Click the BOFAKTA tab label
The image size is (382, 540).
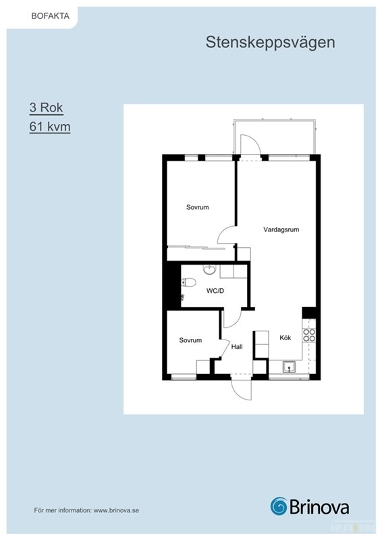click(51, 16)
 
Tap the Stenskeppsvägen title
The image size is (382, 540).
click(271, 43)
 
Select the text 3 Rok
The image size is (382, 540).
click(46, 107)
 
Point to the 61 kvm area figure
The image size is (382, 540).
click(50, 126)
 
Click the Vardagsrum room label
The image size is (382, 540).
click(281, 230)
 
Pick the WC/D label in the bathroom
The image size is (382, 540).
click(215, 291)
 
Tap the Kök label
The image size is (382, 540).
click(285, 338)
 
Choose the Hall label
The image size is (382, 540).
click(237, 347)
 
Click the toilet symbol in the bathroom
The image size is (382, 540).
click(188, 283)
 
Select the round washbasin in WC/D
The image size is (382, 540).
click(209, 269)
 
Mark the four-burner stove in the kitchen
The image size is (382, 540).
click(309, 335)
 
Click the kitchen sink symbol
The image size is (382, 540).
click(289, 367)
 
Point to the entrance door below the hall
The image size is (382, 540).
click(242, 387)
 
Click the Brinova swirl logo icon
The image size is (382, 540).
click(279, 506)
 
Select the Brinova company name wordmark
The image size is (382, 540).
click(319, 507)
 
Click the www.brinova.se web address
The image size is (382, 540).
click(116, 510)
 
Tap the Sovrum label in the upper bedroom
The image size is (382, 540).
click(197, 207)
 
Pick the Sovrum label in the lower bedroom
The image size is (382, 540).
click(190, 340)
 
